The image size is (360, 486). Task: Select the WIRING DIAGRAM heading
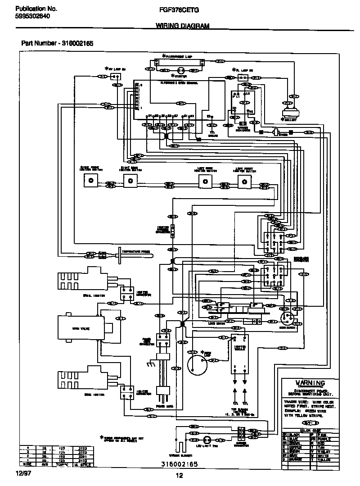(x=182, y=26)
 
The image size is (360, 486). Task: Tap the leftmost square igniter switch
(x=91, y=181)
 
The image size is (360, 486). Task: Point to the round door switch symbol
(x=285, y=318)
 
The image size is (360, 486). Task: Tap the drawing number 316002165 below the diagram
(x=179, y=463)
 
